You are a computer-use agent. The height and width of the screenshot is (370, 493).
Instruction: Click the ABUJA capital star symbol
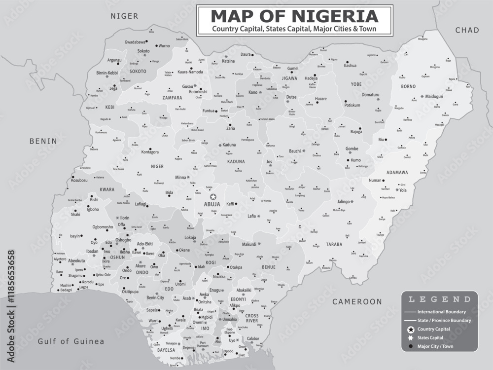tap(213, 196)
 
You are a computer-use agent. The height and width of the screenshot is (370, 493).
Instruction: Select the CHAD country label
tap(467, 30)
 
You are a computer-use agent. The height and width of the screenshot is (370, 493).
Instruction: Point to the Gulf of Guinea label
tap(71, 341)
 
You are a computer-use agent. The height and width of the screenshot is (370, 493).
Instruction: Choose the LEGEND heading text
tap(439, 299)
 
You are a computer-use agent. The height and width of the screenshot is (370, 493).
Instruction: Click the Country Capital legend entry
tap(433, 329)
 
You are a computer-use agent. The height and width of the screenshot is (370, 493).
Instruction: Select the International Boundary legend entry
tap(441, 312)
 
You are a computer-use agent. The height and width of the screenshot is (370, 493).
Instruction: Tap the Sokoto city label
tap(143, 51)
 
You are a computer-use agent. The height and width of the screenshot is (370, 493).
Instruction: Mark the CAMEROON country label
tap(357, 301)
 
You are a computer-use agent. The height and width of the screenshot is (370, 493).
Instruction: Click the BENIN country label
tap(43, 141)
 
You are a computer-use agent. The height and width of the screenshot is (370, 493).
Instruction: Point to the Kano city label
tap(253, 92)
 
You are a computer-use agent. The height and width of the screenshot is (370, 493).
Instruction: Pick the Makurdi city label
tap(249, 244)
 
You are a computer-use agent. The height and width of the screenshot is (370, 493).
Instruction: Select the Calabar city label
tap(253, 338)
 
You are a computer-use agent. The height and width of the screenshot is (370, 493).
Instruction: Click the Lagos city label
tap(84, 287)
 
